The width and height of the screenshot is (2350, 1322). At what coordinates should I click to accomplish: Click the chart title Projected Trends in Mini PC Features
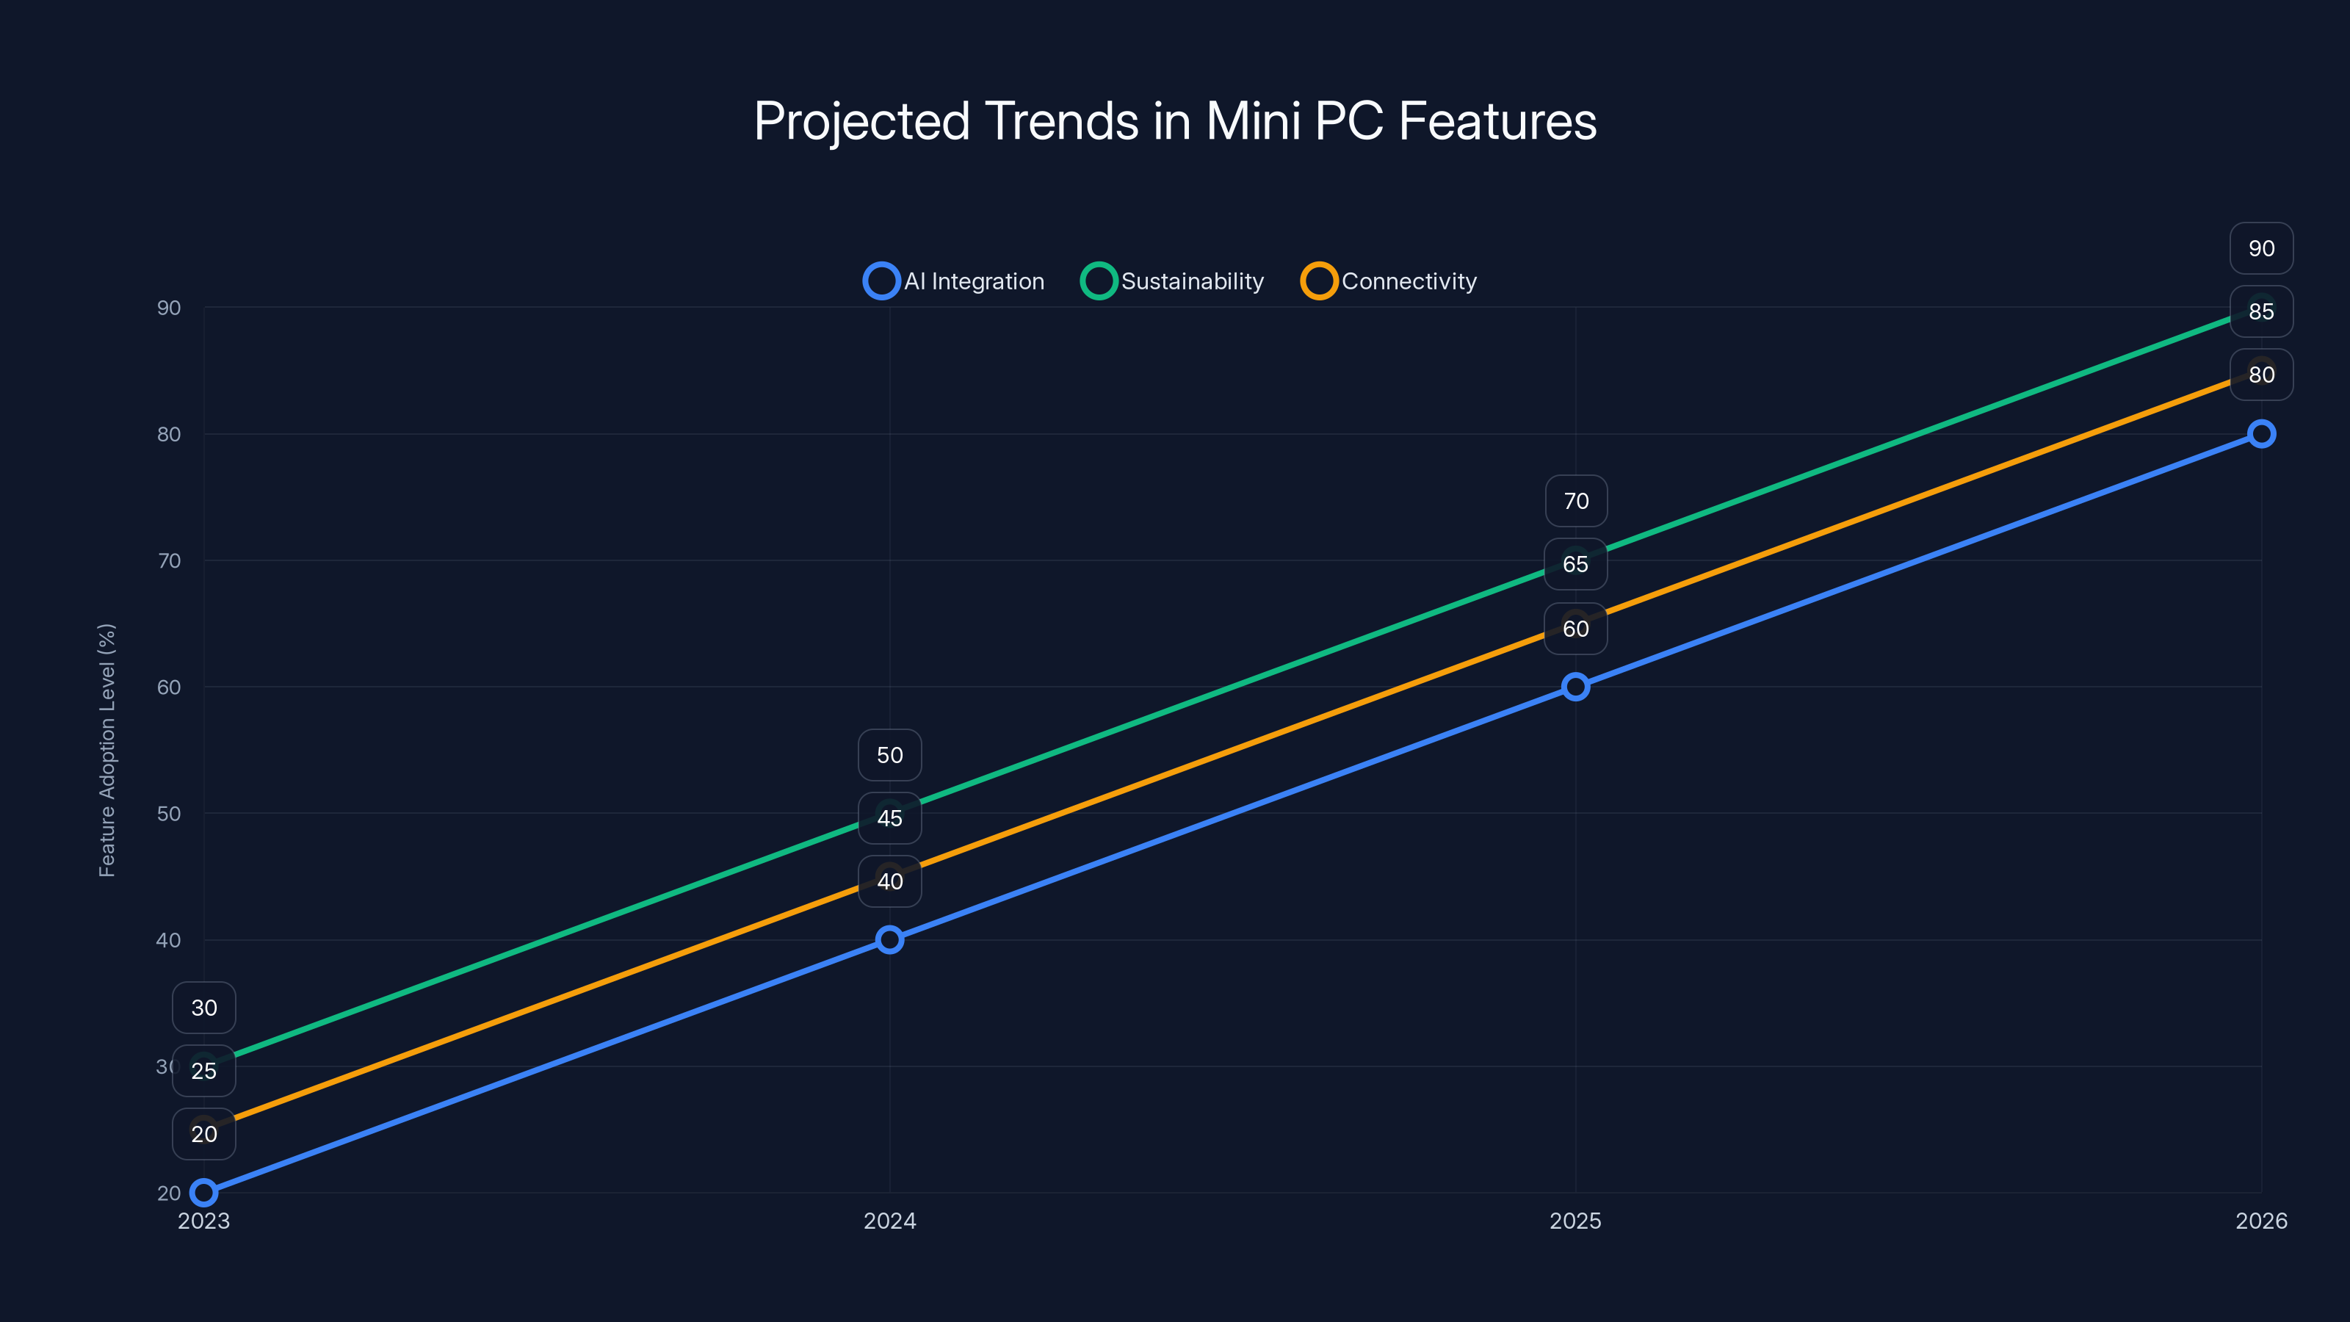tap(1175, 121)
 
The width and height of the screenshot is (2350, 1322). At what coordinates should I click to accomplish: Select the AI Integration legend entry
tap(954, 281)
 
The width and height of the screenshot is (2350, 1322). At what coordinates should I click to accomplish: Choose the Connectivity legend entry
tap(1389, 281)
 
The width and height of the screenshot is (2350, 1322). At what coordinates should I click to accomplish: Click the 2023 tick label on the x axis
tap(203, 1221)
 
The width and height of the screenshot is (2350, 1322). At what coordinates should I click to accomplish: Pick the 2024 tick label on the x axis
tap(889, 1221)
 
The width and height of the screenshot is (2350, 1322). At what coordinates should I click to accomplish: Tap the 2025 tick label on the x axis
tap(1575, 1221)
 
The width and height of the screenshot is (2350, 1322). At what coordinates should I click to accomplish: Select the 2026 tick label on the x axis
tap(2260, 1221)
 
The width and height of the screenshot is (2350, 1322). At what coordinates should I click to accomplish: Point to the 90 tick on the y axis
tap(169, 308)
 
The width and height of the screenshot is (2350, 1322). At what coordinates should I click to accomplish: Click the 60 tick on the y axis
tap(169, 687)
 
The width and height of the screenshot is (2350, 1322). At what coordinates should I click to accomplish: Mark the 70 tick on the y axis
tap(169, 560)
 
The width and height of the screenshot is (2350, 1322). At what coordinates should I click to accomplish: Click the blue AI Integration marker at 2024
tap(889, 940)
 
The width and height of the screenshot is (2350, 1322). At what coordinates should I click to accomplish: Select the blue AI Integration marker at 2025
tap(1575, 687)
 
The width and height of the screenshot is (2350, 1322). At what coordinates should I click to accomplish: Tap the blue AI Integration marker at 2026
tap(2260, 434)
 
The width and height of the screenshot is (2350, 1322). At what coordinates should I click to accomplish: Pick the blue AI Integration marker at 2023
tap(203, 1193)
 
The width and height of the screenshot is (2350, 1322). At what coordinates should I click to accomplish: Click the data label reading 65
tap(1575, 564)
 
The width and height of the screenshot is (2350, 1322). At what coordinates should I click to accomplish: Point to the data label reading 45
tap(889, 818)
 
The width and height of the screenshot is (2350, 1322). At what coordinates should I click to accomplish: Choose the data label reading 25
tap(203, 1071)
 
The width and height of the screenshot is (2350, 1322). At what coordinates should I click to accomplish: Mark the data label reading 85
tap(2260, 312)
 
